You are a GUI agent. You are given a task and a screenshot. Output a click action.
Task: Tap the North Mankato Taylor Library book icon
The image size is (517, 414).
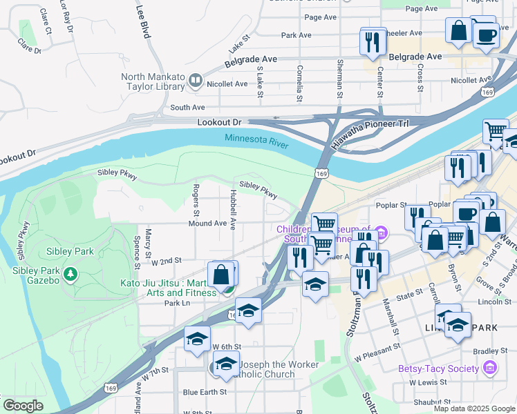195,81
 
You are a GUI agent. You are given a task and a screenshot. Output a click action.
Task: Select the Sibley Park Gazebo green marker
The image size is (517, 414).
70,275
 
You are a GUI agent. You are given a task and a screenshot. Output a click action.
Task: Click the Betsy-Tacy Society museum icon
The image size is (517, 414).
489,368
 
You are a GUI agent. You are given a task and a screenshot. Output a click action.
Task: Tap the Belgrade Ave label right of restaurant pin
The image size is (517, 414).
415,57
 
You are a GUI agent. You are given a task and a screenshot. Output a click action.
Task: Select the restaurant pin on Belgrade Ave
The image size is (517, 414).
373,41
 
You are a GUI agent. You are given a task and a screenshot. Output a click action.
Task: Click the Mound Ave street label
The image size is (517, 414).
207,224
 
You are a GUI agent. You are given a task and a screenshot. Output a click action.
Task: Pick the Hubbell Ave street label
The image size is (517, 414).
233,215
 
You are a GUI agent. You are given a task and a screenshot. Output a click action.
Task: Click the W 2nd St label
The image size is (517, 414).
165,262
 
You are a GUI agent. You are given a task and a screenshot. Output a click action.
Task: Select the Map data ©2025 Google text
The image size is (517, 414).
473,408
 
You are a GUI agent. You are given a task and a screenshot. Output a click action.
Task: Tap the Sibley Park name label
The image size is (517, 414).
70,251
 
